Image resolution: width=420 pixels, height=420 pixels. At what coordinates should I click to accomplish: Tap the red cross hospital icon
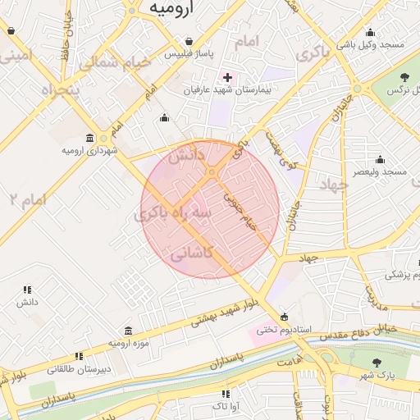(227, 77)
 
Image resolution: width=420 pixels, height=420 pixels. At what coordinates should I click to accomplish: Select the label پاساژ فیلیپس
(189, 54)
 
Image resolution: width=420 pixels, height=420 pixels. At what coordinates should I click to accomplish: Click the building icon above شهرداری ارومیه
(89, 138)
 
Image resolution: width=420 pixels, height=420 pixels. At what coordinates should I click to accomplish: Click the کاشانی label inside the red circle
(190, 254)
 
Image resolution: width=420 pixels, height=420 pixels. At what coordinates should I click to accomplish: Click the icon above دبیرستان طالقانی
(79, 356)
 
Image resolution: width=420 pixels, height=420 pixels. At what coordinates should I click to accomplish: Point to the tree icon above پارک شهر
(377, 363)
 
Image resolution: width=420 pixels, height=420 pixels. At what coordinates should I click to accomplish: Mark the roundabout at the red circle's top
(212, 172)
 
